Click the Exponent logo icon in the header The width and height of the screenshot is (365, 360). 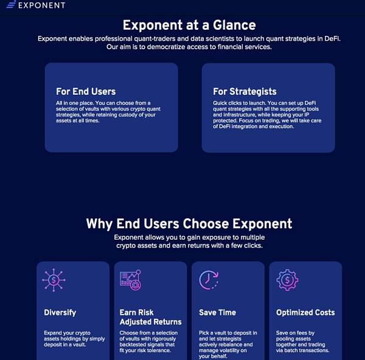11,4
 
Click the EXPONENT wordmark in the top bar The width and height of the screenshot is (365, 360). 42,5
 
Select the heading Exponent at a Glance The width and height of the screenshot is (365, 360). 189,25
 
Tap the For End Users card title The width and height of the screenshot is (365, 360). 86,91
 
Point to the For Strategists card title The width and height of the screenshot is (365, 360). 245,91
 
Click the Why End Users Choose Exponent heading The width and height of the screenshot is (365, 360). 189,224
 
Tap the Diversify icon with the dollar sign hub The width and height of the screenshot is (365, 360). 54,280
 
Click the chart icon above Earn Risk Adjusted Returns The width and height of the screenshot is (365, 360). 130,280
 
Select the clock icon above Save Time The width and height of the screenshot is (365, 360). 209,280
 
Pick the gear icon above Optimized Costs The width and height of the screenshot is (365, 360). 288,280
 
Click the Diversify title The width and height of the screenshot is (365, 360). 60,313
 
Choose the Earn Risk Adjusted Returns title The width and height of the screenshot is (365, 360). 150,317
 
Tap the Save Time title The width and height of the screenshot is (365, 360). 217,313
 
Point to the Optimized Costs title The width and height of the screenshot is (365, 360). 305,313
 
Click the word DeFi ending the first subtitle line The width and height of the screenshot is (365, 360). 332,38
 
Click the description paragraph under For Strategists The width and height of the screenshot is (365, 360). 267,115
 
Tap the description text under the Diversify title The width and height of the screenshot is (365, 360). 74,339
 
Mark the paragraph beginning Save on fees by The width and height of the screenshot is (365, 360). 302,342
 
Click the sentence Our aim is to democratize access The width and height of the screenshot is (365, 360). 189,47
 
